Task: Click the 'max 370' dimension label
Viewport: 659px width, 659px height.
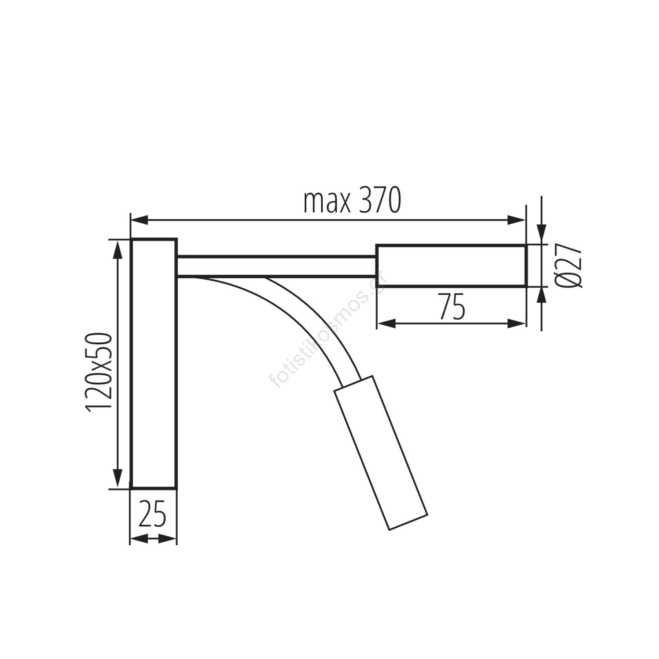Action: tap(352, 201)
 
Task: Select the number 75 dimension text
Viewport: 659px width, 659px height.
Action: tap(452, 306)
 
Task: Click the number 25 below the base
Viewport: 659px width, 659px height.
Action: tap(152, 514)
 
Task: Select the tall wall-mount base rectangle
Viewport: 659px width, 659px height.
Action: tap(154, 363)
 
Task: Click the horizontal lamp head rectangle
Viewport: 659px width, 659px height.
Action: tap(451, 265)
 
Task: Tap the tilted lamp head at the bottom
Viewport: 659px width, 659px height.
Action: tap(380, 453)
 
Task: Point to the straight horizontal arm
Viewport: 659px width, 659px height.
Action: tap(277, 266)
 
